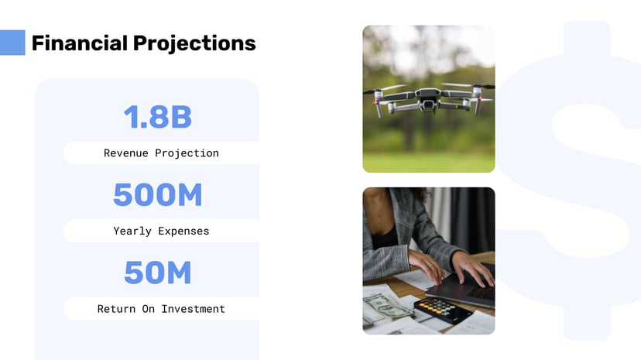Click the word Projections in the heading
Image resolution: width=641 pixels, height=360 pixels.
point(194,43)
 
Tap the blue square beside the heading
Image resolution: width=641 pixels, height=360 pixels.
point(12,43)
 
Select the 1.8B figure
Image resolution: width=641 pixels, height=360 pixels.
point(157,117)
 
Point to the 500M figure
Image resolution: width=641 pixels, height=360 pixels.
point(157,195)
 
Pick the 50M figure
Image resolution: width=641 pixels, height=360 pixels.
point(157,273)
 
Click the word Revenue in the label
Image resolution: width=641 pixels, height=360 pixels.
point(126,153)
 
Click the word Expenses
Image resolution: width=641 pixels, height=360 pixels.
point(183,231)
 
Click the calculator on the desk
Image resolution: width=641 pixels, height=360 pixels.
point(442,310)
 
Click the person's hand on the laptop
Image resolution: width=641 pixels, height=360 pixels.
point(472,269)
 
